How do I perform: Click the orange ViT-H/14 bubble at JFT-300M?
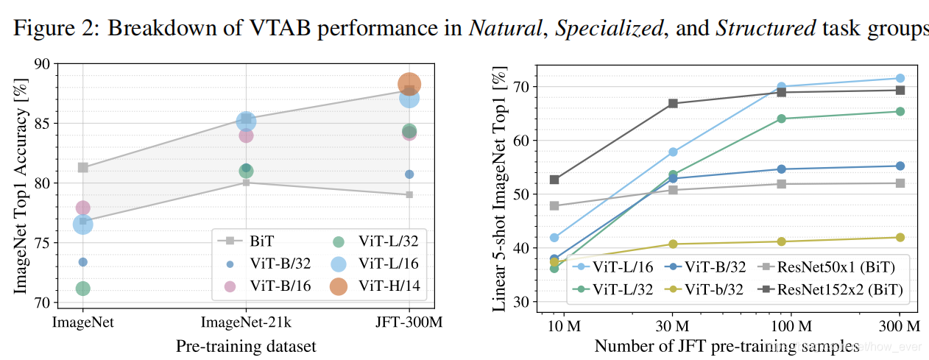[x=409, y=84]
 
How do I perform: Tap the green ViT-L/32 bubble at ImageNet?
[x=82, y=289]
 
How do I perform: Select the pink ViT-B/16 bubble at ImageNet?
[x=82, y=208]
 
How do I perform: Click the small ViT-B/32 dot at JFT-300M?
[x=409, y=174]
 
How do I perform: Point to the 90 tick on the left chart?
[x=42, y=64]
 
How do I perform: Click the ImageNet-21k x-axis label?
[x=246, y=323]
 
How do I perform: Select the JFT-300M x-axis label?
[x=409, y=323]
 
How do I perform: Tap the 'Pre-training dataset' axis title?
[x=246, y=346]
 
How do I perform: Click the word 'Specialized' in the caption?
[x=608, y=29]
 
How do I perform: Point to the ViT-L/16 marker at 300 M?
[x=900, y=78]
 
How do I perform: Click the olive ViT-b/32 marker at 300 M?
[x=900, y=237]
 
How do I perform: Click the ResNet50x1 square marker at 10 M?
[x=554, y=205]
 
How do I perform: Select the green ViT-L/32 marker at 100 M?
[x=781, y=119]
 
